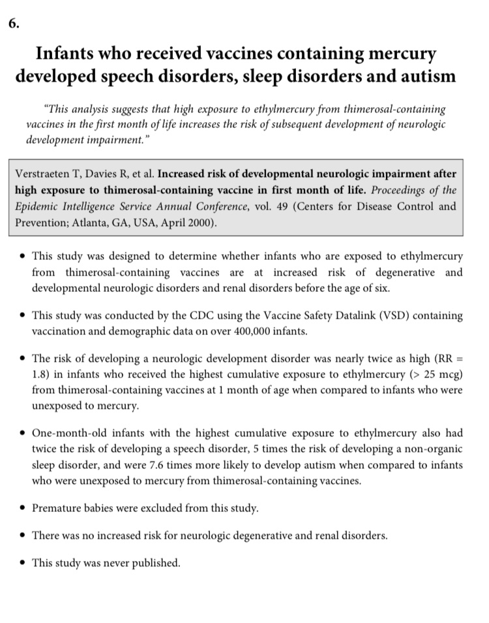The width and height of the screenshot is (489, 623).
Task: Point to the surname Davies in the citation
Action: pyautogui.click(x=99, y=174)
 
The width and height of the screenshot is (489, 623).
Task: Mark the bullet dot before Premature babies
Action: pyautogui.click(x=23, y=507)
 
